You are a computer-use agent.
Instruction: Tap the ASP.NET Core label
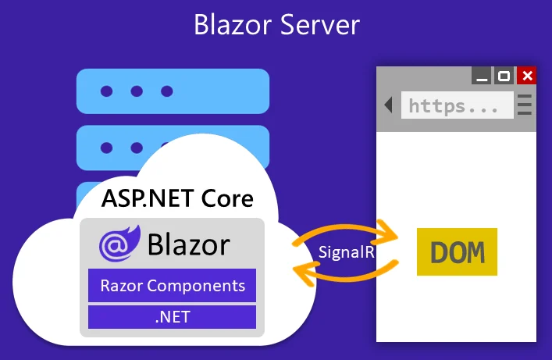[x=177, y=198]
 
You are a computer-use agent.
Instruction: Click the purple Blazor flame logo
[x=119, y=244]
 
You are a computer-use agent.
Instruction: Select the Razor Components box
[x=172, y=285]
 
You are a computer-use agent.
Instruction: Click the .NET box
[x=172, y=317]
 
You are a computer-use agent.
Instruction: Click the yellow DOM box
[x=457, y=252]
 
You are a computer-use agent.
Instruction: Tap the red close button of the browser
[x=527, y=76]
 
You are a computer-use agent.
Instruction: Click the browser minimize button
[x=483, y=76]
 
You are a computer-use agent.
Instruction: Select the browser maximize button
[x=504, y=76]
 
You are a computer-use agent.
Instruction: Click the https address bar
[x=457, y=105]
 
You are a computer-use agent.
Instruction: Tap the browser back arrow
[x=388, y=105]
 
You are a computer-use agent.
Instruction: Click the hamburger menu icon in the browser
[x=525, y=105]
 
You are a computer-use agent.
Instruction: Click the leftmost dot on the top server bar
[x=107, y=91]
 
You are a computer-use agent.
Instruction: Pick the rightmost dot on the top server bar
[x=166, y=91]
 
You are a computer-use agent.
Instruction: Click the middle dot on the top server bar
[x=137, y=91]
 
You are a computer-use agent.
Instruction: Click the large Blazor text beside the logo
[x=188, y=244]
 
